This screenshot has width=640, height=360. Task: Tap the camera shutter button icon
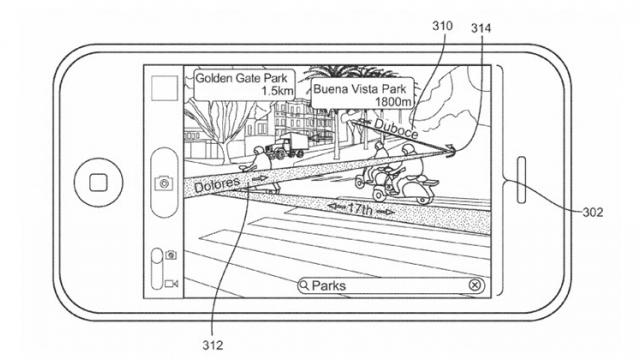click(x=162, y=182)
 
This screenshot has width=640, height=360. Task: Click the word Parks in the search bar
click(x=330, y=286)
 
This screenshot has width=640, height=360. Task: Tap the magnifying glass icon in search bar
click(x=305, y=286)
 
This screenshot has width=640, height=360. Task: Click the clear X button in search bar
click(x=474, y=286)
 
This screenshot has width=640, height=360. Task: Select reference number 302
click(x=594, y=211)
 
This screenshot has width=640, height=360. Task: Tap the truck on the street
click(x=288, y=146)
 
